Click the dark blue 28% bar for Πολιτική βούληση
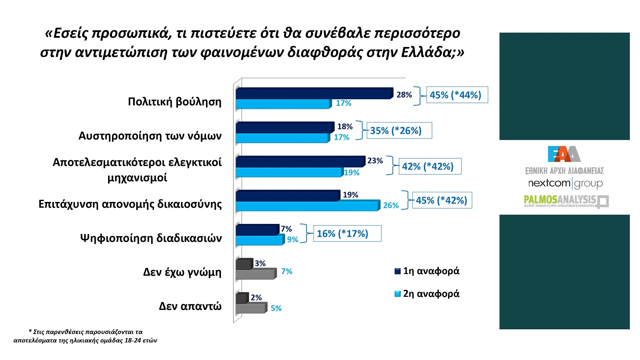point(313,94)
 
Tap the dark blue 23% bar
point(300,162)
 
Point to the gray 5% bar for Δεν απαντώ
point(250,308)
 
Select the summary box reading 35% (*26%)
point(399,130)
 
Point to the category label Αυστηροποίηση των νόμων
point(150,136)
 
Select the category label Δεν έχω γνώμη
point(182,272)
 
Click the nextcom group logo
point(565,183)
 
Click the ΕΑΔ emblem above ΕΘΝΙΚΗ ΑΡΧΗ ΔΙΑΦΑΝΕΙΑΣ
point(564,154)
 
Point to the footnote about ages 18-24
point(85,336)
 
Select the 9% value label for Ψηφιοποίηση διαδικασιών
point(293,240)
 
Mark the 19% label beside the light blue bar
point(351,173)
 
